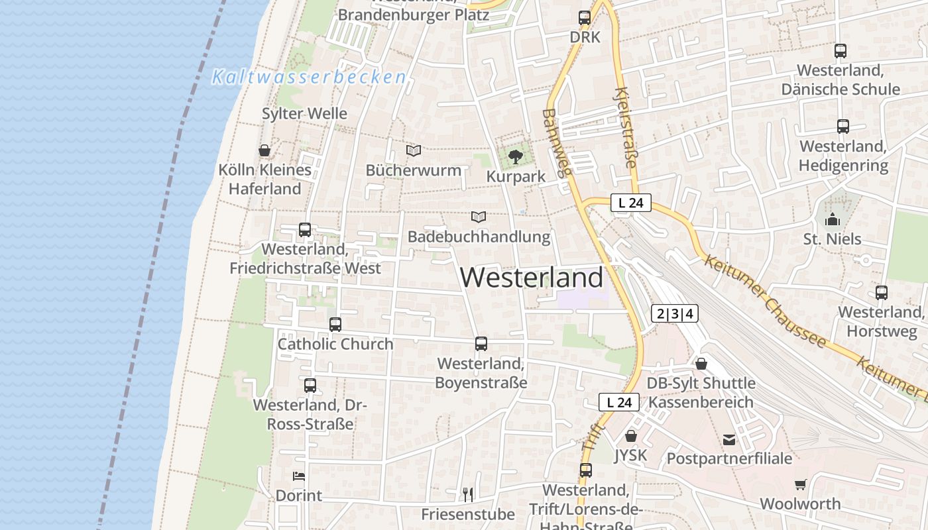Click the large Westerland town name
[532, 277]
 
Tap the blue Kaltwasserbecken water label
[309, 78]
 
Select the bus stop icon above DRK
[584, 18]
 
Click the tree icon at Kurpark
[515, 157]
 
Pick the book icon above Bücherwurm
[414, 150]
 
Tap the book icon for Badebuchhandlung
[479, 217]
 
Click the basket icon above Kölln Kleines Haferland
[264, 150]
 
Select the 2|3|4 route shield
[675, 313]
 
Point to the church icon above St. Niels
[832, 219]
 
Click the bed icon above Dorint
[298, 476]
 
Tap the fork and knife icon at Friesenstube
[468, 494]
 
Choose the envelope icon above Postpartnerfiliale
[729, 439]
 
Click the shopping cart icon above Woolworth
[800, 484]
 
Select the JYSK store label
[630, 455]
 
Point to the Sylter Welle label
[304, 113]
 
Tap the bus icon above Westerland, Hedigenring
[842, 126]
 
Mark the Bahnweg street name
[555, 143]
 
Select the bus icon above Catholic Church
[335, 325]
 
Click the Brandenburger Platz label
[413, 15]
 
